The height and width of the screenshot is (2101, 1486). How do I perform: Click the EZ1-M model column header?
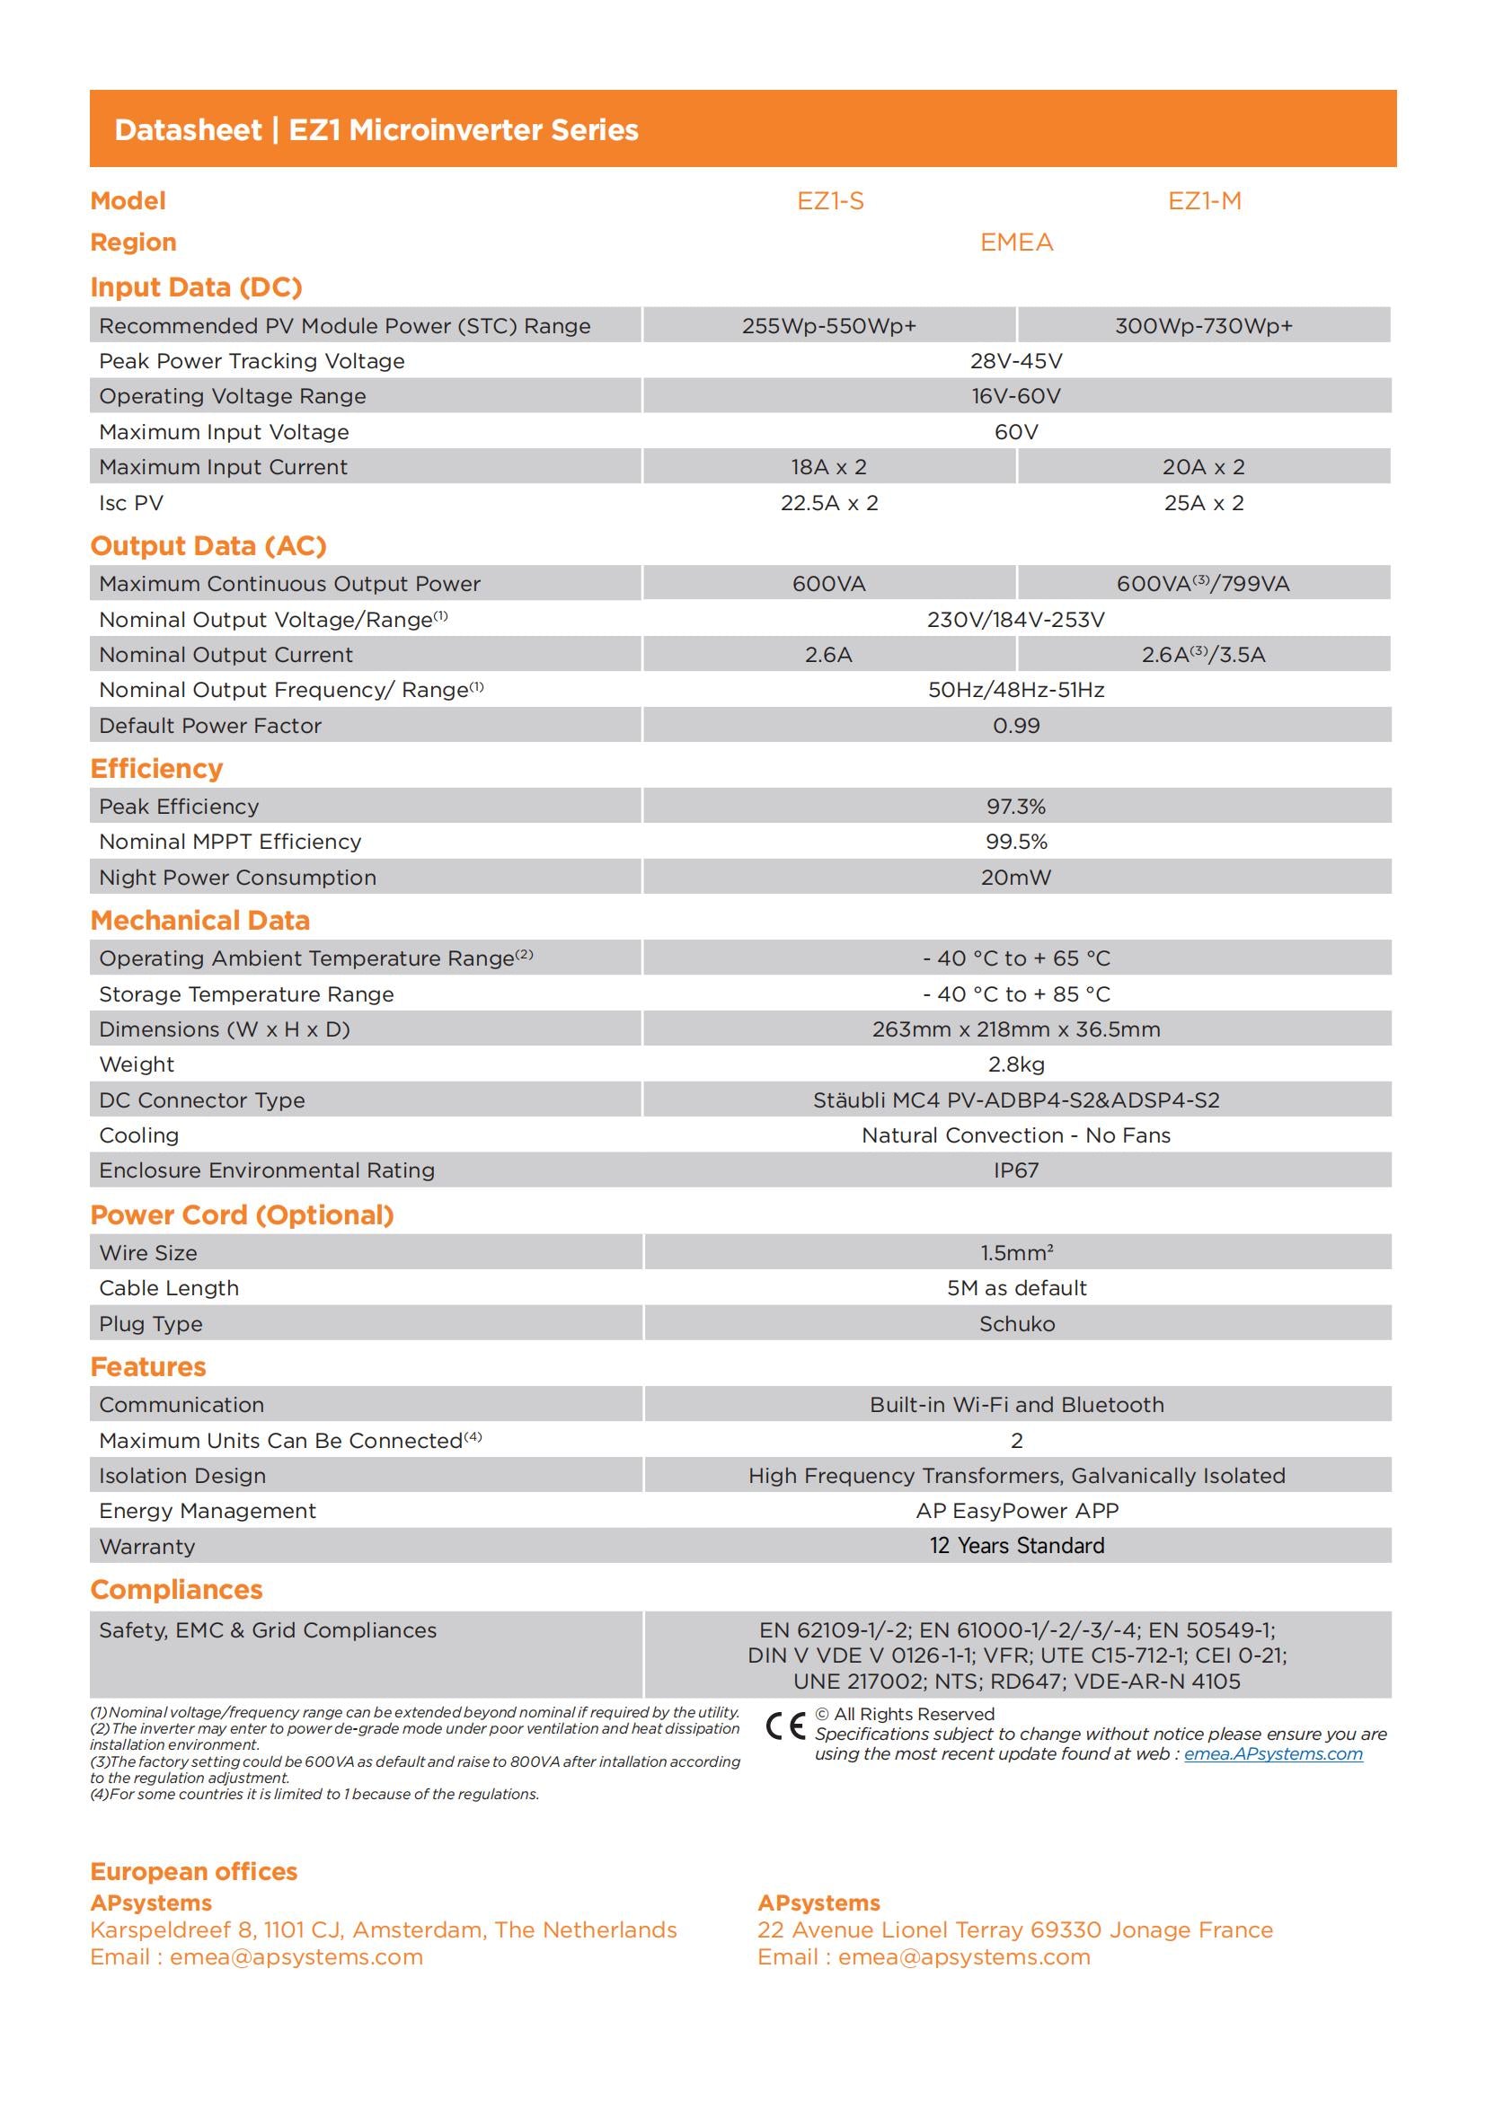[1204, 201]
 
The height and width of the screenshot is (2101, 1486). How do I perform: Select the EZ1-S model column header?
[830, 201]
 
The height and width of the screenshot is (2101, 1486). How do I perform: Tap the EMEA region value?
[1017, 243]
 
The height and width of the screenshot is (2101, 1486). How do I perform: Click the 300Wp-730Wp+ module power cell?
[1203, 326]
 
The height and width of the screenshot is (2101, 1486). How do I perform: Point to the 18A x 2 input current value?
[829, 467]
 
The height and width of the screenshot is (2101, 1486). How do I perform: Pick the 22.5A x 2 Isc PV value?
[829, 502]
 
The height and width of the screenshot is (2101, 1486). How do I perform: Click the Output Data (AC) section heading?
[208, 545]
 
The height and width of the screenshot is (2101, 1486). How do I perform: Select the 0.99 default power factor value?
[1017, 726]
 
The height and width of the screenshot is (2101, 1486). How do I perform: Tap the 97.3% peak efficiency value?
[1017, 806]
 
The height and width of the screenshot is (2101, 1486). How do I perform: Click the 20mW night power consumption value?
[1017, 878]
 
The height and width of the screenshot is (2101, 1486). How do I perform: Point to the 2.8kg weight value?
[1017, 1064]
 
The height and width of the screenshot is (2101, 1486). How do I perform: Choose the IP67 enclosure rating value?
[1017, 1170]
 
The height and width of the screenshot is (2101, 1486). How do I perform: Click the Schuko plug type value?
[1017, 1324]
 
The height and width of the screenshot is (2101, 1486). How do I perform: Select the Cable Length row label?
[169, 1288]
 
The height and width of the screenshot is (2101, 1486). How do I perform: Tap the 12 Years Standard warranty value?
[1017, 1546]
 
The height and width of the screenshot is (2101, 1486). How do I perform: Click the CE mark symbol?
[785, 1725]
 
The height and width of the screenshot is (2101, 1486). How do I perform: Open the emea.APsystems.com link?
[1273, 1753]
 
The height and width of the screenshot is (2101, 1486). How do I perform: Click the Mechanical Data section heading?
[200, 920]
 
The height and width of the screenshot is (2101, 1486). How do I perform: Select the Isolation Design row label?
[183, 1475]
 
